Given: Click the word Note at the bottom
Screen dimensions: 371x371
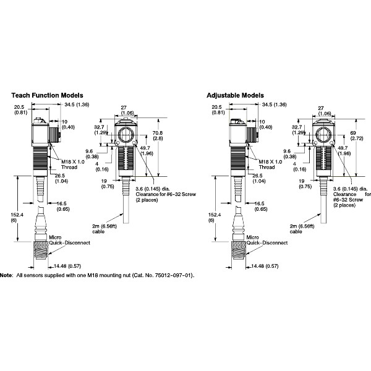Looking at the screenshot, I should [6, 274].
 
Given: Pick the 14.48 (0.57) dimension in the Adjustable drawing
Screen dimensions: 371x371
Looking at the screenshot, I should [262, 267].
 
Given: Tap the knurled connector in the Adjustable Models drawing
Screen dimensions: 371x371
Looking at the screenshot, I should [238, 253].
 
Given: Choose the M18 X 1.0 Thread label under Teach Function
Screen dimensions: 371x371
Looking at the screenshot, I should [74, 163].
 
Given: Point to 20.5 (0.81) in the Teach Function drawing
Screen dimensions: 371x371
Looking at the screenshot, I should [20, 110].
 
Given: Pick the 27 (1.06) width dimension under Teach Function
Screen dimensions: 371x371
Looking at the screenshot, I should [126, 110].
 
